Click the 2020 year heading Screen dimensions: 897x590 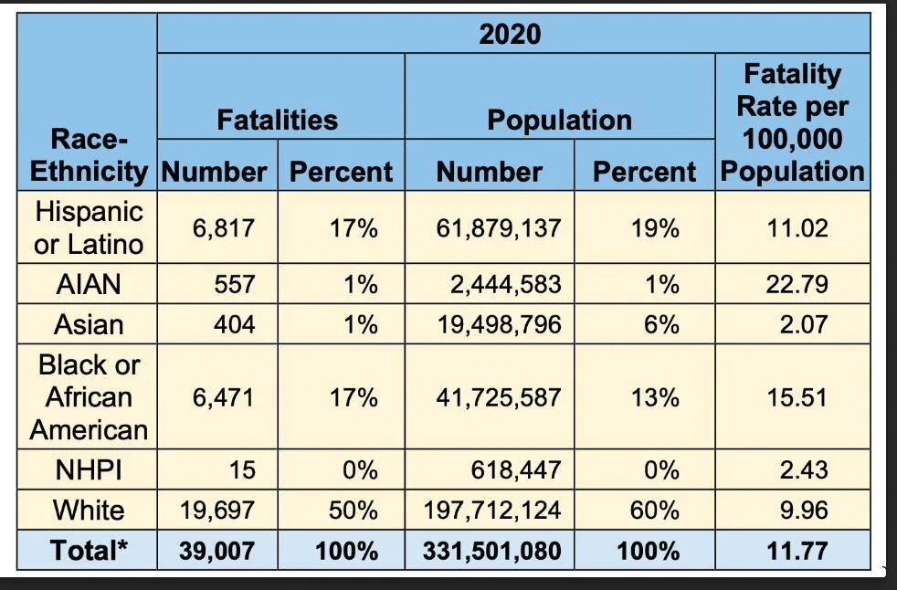[x=510, y=34]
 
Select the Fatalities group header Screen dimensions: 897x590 [x=278, y=121]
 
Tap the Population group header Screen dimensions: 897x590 [x=559, y=121]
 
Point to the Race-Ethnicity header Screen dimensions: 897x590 [x=89, y=155]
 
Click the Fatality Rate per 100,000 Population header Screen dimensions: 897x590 [x=792, y=123]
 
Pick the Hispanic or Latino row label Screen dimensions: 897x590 [x=89, y=227]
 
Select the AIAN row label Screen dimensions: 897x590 [x=89, y=284]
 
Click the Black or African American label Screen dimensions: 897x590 [x=89, y=397]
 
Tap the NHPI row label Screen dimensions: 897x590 [x=89, y=470]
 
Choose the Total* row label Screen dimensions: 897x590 [x=89, y=551]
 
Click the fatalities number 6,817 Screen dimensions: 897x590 [x=223, y=228]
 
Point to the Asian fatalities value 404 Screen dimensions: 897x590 [x=235, y=325]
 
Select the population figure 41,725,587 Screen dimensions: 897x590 [x=498, y=397]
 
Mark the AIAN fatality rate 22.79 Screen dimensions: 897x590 [x=797, y=284]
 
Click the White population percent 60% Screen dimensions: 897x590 [x=654, y=511]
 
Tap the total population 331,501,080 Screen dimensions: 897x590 [x=492, y=551]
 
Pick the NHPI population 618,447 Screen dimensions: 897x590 [x=516, y=470]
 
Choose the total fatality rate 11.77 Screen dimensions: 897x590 [x=797, y=551]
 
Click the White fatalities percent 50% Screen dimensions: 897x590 [x=353, y=511]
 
